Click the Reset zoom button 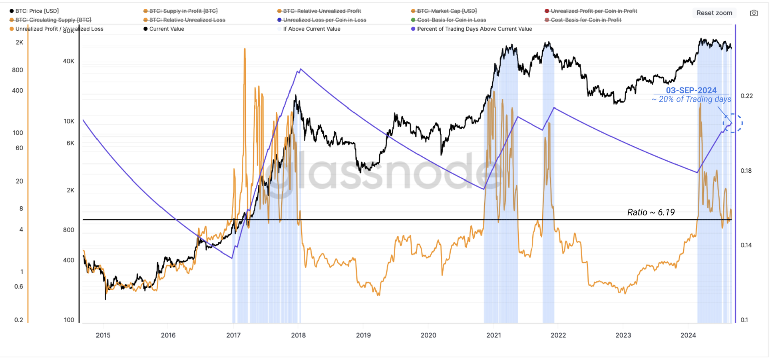[x=714, y=13]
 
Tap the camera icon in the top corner [x=754, y=13]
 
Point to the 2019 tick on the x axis [x=363, y=335]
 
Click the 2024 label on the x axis [x=688, y=335]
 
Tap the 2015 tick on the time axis [x=103, y=335]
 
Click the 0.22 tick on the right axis [x=746, y=96]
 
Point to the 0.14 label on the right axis [x=746, y=245]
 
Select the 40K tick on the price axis [x=69, y=61]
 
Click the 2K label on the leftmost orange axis [x=19, y=42]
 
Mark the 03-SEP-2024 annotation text [x=691, y=90]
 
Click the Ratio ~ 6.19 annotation [x=651, y=212]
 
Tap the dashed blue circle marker [x=732, y=123]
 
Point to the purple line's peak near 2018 [x=301, y=69]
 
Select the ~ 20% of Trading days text [x=691, y=99]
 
